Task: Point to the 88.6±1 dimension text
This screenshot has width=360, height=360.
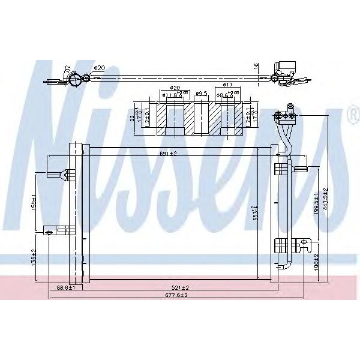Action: coord(65,288)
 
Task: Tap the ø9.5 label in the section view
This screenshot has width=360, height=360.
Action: coord(202,94)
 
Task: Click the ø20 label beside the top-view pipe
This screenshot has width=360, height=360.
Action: coord(100,67)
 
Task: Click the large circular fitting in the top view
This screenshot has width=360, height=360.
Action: coord(75,79)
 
